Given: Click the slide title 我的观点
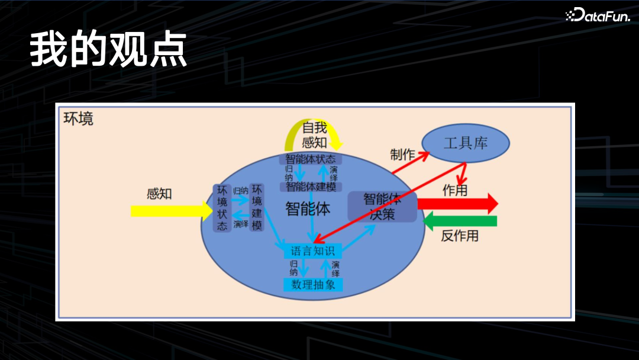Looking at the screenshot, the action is (108, 50).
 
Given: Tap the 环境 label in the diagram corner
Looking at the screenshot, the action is (78, 118).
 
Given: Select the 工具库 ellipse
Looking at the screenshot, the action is (466, 143).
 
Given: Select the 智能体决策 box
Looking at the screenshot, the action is (382, 207).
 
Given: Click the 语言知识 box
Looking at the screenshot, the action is (313, 251).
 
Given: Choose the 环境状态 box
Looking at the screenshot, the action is (222, 208).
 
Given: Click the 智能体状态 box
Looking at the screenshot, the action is (310, 159).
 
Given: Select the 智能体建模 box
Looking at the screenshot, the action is (311, 187).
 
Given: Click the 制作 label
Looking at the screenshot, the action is (402, 155).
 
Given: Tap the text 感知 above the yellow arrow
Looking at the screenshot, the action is (159, 194).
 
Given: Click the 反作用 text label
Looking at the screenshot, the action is (460, 236).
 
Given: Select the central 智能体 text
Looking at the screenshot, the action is (308, 208).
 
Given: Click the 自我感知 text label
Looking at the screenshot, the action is (314, 134).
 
